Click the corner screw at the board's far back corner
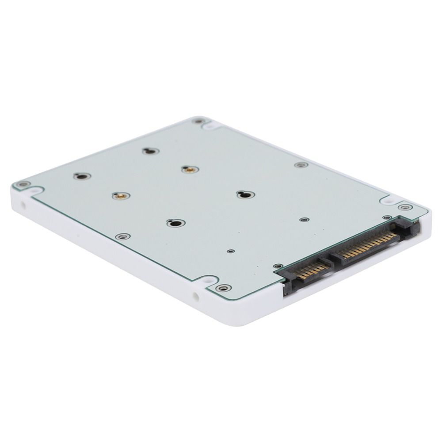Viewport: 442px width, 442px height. pos(199,121)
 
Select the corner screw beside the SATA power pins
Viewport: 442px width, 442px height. pos(404,207)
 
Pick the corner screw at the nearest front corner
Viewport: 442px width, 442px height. pos(223,288)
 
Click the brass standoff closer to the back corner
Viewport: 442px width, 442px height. pos(190,169)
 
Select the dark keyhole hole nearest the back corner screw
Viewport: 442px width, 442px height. pos(151,151)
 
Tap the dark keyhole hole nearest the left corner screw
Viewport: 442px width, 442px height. pos(82,176)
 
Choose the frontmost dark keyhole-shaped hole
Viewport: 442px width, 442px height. pos(176,223)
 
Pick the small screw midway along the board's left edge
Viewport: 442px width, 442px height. pos(123,236)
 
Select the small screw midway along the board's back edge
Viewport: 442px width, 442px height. pos(301,165)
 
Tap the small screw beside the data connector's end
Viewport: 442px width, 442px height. pos(278,266)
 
